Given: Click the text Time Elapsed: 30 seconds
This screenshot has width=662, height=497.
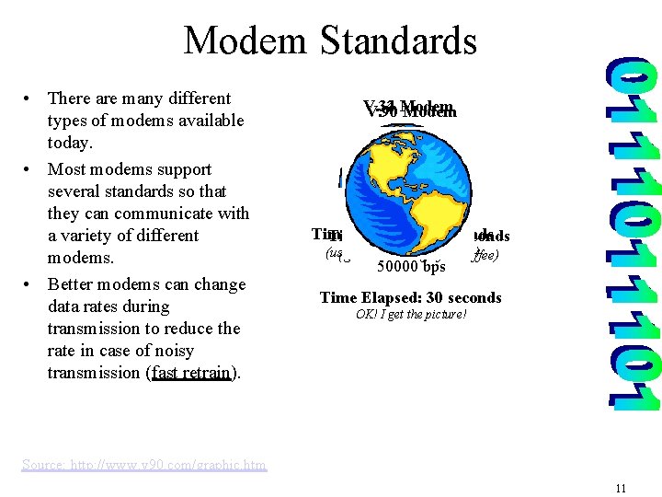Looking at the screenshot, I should point(410,297).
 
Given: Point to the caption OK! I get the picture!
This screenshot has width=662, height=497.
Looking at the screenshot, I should point(411,315).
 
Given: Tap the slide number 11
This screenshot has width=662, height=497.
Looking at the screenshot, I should point(621,489).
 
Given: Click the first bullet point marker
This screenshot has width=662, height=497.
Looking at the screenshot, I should point(30,98).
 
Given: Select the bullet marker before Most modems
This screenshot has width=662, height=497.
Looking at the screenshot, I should point(30,169).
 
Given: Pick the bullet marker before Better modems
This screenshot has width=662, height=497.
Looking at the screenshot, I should point(30,284).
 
